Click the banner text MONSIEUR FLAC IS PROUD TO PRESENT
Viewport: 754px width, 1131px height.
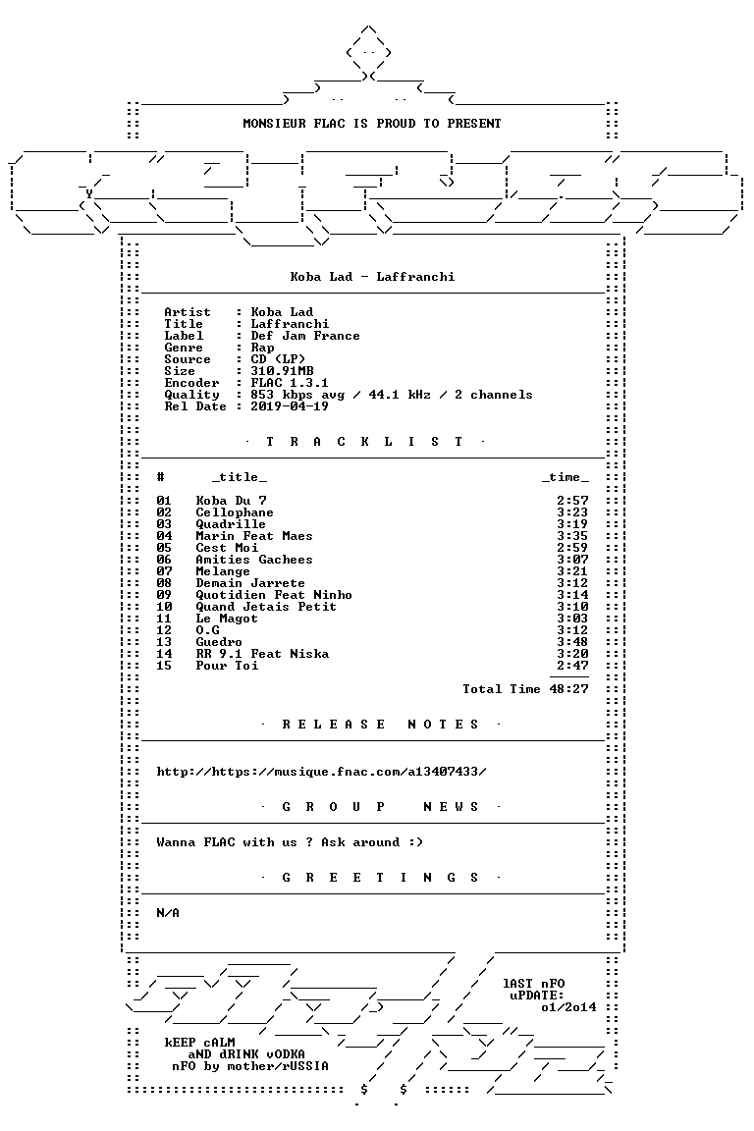[371, 124]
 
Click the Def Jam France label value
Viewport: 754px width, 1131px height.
[305, 336]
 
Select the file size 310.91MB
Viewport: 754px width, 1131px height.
[282, 371]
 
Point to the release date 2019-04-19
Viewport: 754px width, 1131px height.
[290, 406]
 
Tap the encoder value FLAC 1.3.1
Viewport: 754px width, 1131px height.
[290, 382]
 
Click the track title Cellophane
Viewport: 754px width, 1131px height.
[235, 512]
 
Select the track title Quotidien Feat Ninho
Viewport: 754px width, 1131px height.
[274, 594]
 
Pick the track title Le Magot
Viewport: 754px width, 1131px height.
[227, 619]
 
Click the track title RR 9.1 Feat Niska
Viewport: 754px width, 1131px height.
[262, 654]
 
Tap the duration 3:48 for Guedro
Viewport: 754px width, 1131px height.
[572, 642]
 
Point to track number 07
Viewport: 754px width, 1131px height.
[164, 571]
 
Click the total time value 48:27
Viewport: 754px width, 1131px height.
[568, 689]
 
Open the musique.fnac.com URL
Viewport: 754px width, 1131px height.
[322, 771]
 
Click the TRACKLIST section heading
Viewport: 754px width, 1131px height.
[364, 442]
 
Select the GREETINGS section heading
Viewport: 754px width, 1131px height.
[380, 877]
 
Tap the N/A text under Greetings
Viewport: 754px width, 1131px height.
[168, 912]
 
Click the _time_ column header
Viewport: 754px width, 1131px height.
[565, 477]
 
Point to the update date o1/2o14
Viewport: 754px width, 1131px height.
[568, 1007]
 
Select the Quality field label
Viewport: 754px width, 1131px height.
[191, 395]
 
